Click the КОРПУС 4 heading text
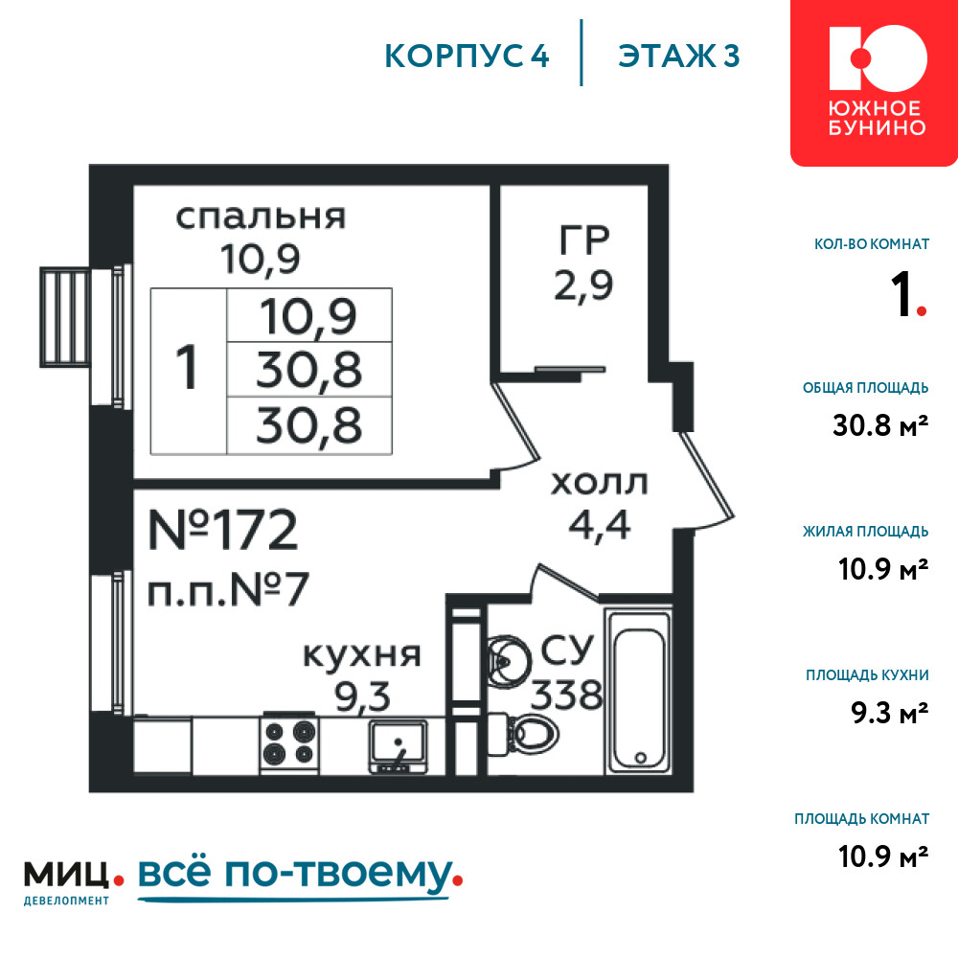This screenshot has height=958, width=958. [x=467, y=56]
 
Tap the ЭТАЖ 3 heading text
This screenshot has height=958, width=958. [x=679, y=56]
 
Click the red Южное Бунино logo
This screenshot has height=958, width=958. [x=875, y=82]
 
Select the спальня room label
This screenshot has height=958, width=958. [x=261, y=217]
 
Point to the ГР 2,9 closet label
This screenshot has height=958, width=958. [x=583, y=262]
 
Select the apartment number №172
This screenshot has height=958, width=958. [x=223, y=530]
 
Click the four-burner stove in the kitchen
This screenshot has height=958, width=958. [x=289, y=743]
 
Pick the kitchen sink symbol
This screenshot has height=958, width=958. [x=398, y=746]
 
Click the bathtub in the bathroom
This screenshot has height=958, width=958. [x=639, y=691]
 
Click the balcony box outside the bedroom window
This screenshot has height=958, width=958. [x=65, y=317]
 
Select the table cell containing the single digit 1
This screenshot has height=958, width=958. [x=188, y=372]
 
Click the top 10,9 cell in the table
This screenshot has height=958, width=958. [x=309, y=315]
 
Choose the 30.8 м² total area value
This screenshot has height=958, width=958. [x=880, y=425]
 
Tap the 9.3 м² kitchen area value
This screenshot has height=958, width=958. [x=890, y=713]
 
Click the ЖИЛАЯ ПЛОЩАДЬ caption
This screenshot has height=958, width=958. [x=866, y=532]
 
